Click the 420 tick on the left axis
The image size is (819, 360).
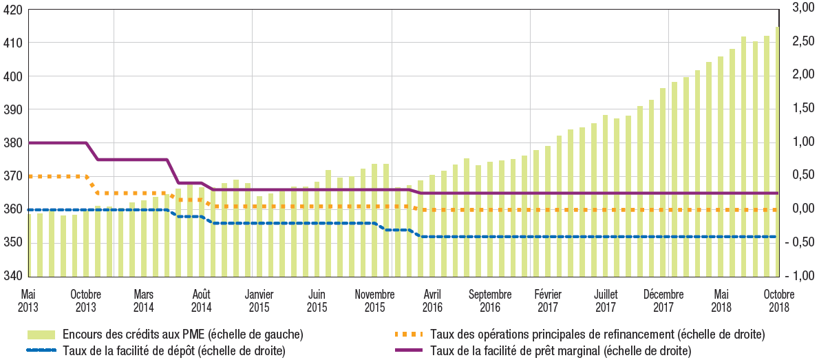click(12, 10)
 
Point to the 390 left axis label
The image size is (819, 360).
click(12, 110)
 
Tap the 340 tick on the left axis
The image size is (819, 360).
click(12, 276)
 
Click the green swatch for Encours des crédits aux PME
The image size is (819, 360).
click(41, 335)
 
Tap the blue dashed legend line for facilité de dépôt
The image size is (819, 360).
click(41, 351)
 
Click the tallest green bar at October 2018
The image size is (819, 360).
click(776, 151)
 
